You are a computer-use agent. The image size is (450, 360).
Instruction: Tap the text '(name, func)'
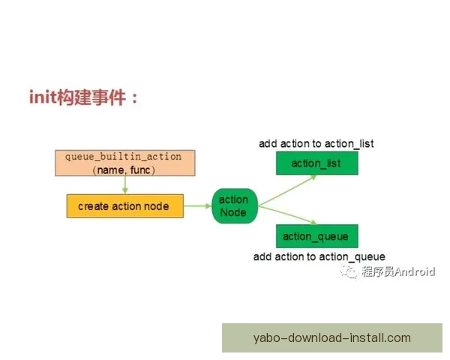coord(124,171)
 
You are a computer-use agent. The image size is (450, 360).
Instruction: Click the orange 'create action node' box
coord(124,206)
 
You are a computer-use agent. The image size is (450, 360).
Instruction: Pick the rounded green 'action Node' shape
coord(233,206)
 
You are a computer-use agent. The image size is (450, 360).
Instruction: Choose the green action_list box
coord(316,163)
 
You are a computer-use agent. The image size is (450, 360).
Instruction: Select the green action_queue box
coord(316,236)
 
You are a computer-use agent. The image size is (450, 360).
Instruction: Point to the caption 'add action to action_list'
coord(316,143)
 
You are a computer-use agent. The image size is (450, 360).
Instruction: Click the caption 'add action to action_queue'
coord(319,256)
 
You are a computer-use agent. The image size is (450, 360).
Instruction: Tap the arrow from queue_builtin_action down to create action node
coord(124,186)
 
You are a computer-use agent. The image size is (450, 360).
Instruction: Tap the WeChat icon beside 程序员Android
coord(349,271)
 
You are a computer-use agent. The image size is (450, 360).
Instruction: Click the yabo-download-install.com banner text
coord(332,337)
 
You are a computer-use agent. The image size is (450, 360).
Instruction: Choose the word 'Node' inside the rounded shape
coord(233,213)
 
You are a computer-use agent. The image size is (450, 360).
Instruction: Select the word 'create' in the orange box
coord(93,206)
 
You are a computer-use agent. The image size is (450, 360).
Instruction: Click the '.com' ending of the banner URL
coord(397,337)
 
